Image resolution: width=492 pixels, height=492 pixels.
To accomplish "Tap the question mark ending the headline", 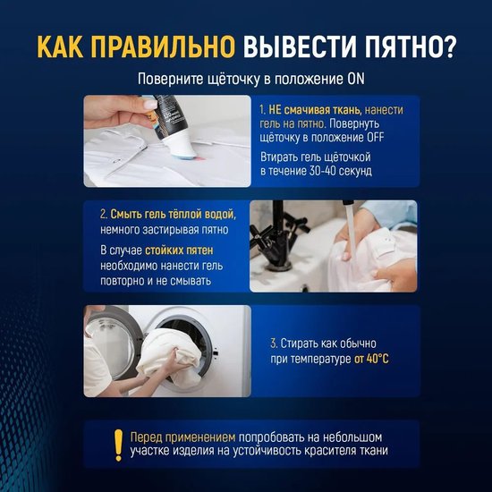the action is pyautogui.click(x=449, y=47).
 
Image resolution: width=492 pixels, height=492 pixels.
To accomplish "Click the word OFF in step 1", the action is pyautogui.click(x=375, y=138).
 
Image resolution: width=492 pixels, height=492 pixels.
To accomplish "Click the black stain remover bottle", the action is pyautogui.click(x=172, y=124).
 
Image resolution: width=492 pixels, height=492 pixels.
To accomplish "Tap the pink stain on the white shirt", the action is pyautogui.click(x=199, y=157).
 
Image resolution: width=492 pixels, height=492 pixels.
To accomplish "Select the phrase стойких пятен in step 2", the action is pyautogui.click(x=179, y=250).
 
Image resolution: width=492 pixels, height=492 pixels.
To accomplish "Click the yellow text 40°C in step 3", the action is pyautogui.click(x=377, y=359).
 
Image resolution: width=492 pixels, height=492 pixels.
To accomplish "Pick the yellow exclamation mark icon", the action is pyautogui.click(x=118, y=445).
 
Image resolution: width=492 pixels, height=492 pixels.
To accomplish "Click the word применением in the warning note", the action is pyautogui.click(x=200, y=437).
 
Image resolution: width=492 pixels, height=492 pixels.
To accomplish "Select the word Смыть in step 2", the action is pyautogui.click(x=127, y=215).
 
